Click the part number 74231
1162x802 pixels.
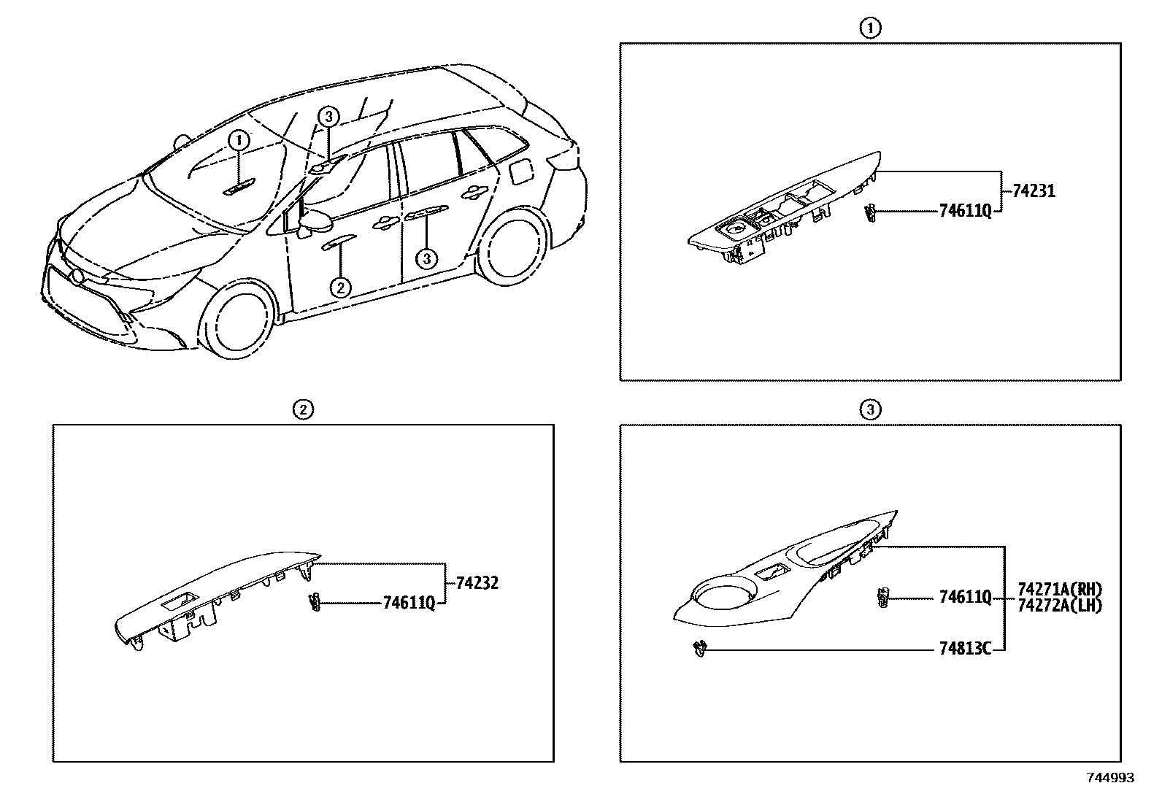tap(1034, 192)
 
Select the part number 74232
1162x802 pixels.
tap(477, 583)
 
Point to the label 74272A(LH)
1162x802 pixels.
tap(1059, 605)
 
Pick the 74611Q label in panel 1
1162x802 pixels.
tap(965, 212)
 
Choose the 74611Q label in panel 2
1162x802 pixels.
tap(409, 603)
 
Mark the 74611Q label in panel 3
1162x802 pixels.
tap(965, 598)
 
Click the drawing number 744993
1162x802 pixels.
tap(1110, 778)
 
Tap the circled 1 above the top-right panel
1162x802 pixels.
tap(869, 28)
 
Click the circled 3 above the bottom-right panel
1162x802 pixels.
tap(869, 409)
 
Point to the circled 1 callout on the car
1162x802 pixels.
tap(239, 140)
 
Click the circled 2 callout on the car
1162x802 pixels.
tap(340, 288)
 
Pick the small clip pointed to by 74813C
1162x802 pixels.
tap(700, 647)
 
